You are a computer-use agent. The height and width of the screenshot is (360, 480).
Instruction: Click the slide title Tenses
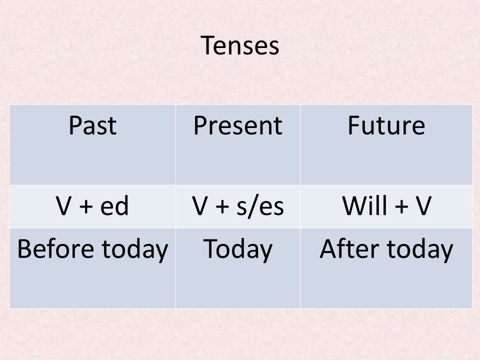tap(239, 45)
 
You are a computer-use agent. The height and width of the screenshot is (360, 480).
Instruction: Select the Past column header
tap(92, 125)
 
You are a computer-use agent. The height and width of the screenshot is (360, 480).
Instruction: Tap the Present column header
tap(238, 125)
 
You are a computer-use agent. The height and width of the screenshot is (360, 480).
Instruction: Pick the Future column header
tap(386, 125)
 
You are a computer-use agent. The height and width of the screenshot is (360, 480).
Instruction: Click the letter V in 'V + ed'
tap(63, 205)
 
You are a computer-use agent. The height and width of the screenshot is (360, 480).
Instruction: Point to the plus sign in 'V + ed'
tap(86, 206)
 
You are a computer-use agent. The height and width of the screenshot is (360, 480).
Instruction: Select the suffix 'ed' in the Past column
tap(114, 205)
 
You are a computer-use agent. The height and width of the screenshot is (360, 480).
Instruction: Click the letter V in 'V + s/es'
tap(200, 205)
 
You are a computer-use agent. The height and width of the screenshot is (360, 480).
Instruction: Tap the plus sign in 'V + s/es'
tap(222, 206)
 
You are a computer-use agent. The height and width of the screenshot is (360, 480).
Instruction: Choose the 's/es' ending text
tap(260, 206)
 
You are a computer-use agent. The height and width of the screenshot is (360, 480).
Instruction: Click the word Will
tap(365, 205)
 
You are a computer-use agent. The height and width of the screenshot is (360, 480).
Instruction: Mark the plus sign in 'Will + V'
tap(401, 206)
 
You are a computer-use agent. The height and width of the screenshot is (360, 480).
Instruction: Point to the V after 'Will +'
tap(423, 205)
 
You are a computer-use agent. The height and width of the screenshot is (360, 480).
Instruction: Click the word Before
tap(55, 248)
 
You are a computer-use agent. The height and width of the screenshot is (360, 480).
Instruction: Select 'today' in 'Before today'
tap(135, 250)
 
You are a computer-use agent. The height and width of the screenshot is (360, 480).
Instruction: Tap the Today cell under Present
tap(238, 250)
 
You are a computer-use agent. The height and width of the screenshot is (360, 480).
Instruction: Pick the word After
tap(349, 248)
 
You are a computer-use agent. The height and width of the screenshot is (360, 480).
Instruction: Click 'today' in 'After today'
tap(420, 250)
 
